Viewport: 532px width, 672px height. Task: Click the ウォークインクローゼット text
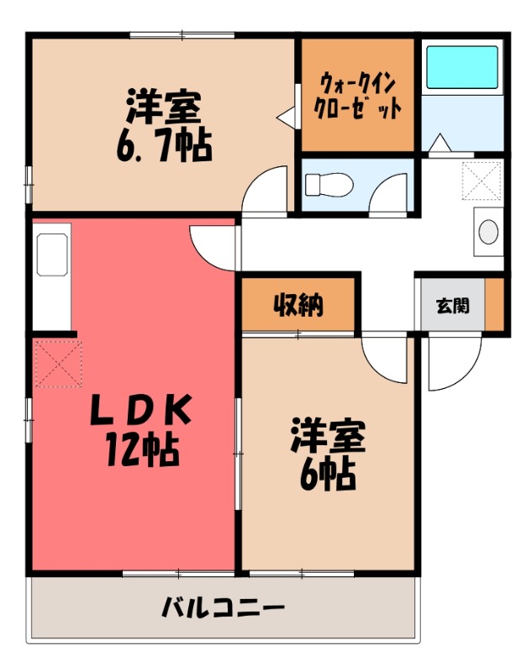point(356,96)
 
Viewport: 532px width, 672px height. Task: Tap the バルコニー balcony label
point(223,607)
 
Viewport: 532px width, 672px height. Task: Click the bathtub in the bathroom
point(461,67)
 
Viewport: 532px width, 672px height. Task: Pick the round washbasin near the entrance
point(487,230)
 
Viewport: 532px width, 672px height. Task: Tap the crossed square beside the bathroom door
point(482,177)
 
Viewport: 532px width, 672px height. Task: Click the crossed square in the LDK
point(56,362)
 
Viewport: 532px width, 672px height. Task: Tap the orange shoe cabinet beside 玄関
point(494,304)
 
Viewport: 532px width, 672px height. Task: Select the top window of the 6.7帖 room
point(182,35)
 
